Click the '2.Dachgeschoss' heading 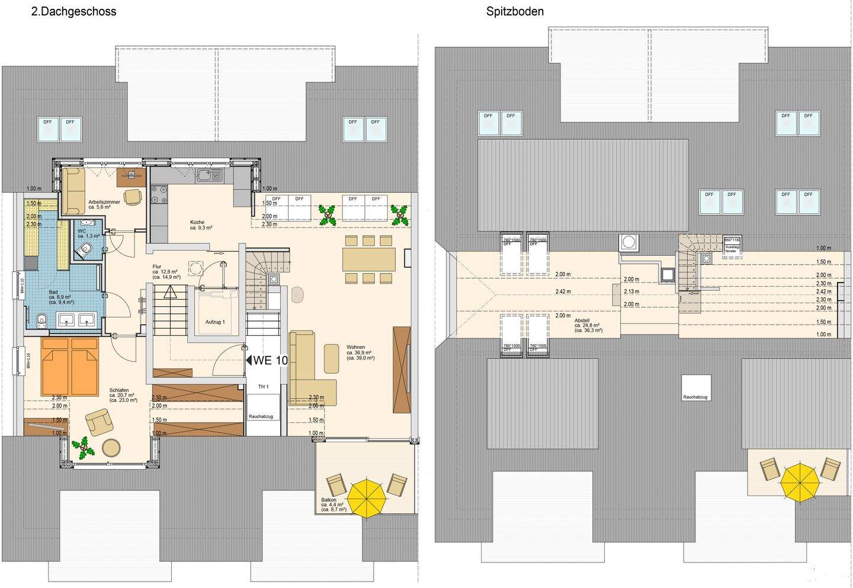coord(73,11)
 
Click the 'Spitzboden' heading coord(515,11)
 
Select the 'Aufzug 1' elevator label coord(216,322)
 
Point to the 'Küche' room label coord(197,223)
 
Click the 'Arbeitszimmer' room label coord(104,202)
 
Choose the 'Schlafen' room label coord(119,390)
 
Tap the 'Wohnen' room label coord(356,347)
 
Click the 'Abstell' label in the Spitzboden coord(581,320)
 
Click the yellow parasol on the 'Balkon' coord(367,496)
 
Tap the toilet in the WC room coord(86,249)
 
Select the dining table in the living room coord(368,259)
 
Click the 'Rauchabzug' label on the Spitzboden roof coord(695,397)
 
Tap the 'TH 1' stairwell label coord(263,387)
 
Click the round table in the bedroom coord(111,447)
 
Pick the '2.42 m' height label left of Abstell coord(563,291)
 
